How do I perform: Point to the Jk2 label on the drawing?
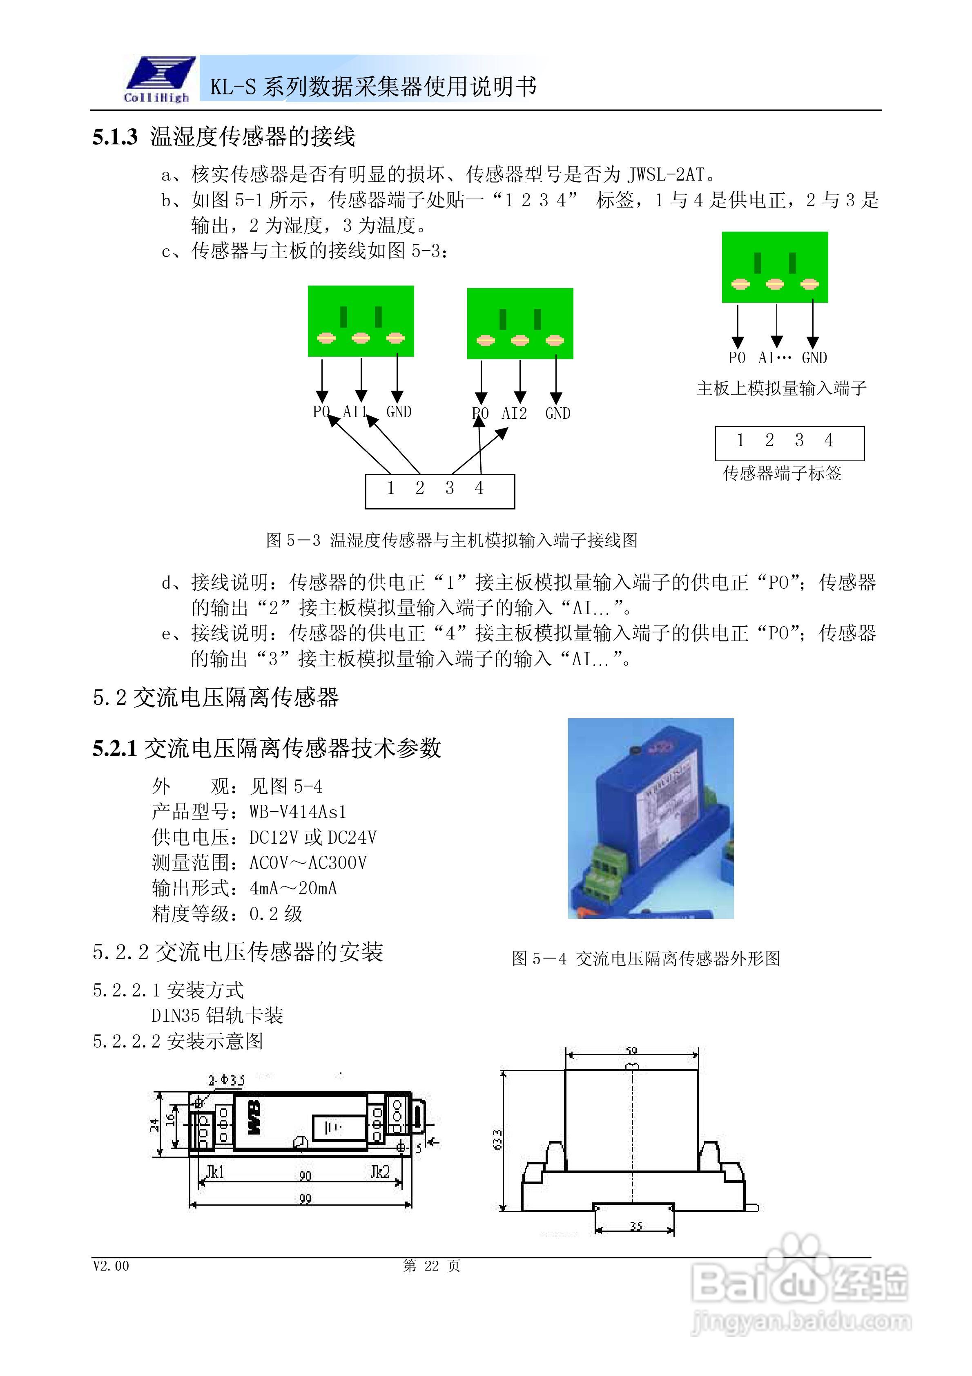[x=380, y=1171]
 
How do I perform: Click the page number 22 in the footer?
[x=431, y=1266]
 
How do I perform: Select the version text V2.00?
[x=111, y=1266]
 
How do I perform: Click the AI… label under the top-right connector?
[x=774, y=358]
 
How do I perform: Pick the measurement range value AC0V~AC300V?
[x=308, y=862]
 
